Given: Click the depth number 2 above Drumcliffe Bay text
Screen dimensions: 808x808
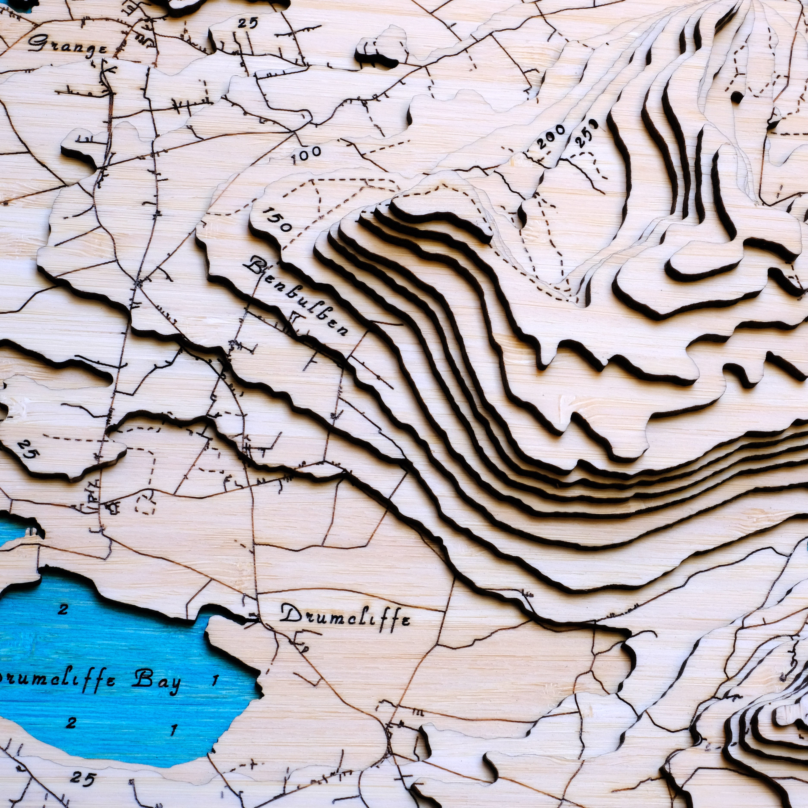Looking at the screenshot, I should (63, 609).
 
